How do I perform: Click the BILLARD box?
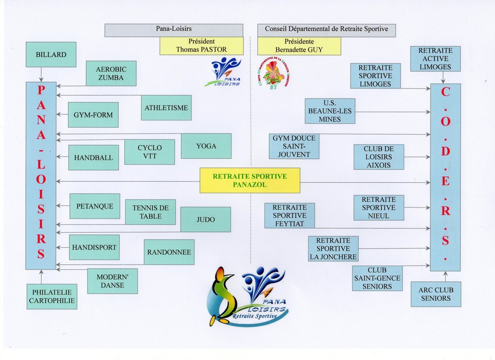[51, 55]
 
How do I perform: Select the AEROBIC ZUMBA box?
[111, 73]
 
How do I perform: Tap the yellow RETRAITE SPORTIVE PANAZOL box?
[250, 180]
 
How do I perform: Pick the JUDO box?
[206, 220]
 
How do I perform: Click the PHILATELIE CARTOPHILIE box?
[52, 296]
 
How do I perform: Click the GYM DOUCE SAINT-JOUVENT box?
[294, 146]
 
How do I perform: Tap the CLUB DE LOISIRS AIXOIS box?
[379, 157]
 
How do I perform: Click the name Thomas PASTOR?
[201, 50]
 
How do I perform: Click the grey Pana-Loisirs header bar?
[174, 30]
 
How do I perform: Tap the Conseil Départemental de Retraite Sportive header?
[327, 30]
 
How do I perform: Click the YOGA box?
[206, 146]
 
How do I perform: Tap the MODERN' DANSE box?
[112, 281]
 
